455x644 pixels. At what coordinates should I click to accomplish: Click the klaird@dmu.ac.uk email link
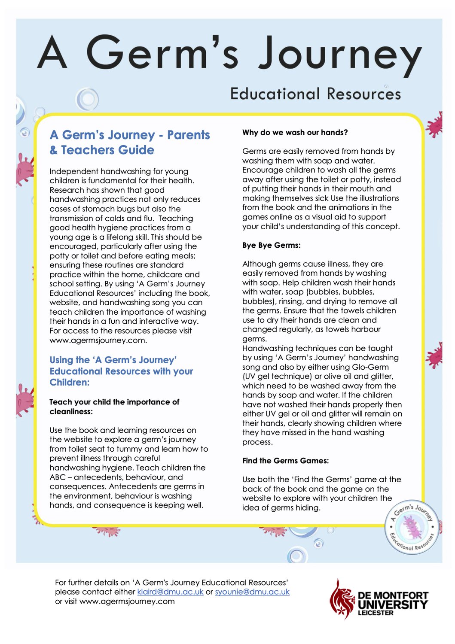tap(170, 592)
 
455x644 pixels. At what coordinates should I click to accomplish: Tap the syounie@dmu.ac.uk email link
tap(252, 592)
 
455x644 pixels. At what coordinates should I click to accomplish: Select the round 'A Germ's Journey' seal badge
tap(412, 528)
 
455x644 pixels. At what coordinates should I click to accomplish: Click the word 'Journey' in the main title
tap(340, 55)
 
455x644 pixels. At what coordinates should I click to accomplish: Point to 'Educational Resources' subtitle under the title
tap(315, 94)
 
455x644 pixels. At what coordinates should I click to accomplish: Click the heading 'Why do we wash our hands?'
tap(295, 133)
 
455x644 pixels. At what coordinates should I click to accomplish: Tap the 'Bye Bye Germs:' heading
tap(271, 245)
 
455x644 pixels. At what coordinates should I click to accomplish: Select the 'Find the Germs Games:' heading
tap(285, 461)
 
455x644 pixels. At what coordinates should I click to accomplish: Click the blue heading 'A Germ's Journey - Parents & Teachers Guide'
tap(129, 143)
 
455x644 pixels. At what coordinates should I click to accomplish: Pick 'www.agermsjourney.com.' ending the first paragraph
tap(98, 340)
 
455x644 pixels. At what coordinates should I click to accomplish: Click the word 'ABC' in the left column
tap(58, 477)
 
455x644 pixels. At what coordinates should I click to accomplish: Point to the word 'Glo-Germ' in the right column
tap(370, 367)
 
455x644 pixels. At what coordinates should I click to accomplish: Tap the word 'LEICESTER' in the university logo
tap(376, 613)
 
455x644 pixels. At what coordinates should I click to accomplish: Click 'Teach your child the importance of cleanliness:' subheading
tap(114, 407)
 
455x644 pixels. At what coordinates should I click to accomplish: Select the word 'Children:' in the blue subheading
tap(70, 383)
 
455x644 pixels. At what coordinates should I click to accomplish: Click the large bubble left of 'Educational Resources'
tap(88, 99)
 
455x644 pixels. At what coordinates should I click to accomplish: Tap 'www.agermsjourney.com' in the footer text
tap(127, 601)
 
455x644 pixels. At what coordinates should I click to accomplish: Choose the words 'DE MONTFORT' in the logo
tap(393, 595)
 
